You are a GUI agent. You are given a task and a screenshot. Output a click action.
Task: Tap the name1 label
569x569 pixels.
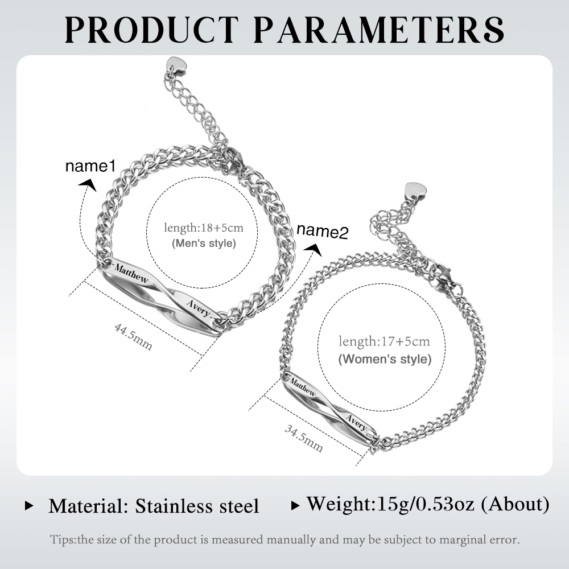[90, 166]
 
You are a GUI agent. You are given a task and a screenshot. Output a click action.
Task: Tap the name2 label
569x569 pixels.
[322, 231]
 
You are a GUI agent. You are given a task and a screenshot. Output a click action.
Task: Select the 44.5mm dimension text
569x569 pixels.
[133, 337]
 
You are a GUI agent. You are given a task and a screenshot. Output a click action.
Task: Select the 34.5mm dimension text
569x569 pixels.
[303, 438]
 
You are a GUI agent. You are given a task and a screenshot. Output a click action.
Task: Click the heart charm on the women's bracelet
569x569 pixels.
[415, 191]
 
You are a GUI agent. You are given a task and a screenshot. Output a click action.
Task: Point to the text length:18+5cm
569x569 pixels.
[204, 228]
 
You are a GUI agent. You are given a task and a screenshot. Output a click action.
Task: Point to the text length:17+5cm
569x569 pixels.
[384, 341]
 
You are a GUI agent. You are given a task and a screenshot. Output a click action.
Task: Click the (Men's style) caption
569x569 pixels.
[204, 243]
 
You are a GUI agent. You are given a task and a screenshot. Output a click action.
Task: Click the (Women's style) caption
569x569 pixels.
[385, 359]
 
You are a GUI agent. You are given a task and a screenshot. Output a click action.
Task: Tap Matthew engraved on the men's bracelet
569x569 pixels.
[131, 274]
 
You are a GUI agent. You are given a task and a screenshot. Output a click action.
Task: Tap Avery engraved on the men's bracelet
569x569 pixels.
[199, 308]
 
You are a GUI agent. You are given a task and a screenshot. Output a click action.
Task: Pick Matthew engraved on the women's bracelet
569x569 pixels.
[303, 387]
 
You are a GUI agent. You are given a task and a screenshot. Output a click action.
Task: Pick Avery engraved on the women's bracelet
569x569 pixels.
[356, 422]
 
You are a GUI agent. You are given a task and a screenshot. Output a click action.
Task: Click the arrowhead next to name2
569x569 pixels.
[313, 250]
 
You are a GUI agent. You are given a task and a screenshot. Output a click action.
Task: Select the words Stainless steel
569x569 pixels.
[197, 506]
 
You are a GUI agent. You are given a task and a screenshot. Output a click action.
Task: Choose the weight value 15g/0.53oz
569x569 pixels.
[426, 504]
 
